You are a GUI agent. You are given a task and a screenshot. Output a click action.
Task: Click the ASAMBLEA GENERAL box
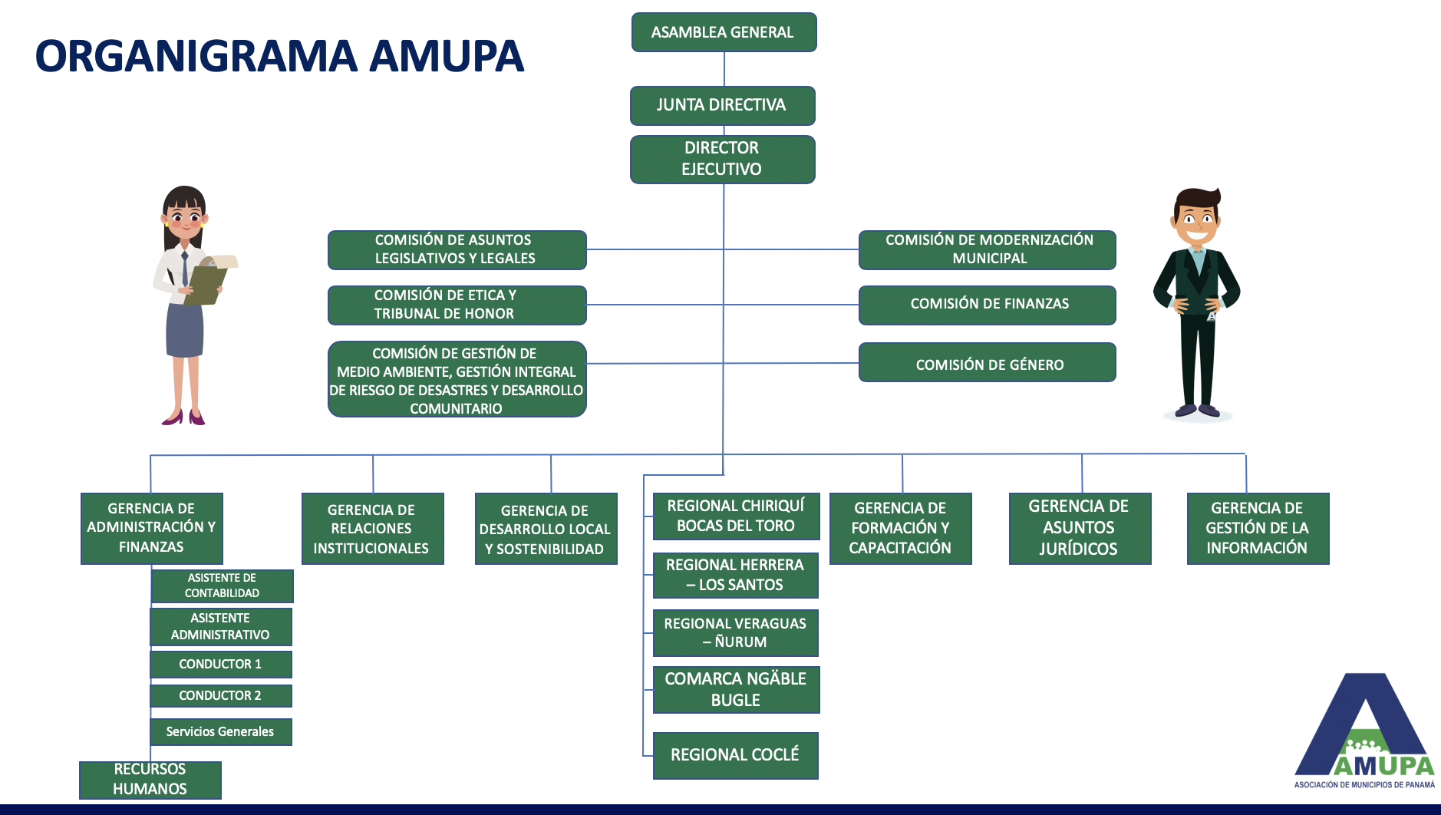coord(724,32)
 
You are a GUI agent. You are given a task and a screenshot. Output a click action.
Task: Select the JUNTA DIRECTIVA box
coord(722,105)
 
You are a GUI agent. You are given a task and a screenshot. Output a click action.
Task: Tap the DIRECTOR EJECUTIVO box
coord(722,159)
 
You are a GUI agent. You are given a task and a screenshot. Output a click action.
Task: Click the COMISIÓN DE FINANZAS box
coord(987,305)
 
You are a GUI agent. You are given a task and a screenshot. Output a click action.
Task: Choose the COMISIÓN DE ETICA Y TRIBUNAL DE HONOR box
coord(457,305)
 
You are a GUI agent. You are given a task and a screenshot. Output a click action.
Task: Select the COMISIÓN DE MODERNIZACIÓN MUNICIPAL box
coord(987,249)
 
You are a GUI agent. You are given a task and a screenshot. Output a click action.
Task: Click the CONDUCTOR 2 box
coord(220,695)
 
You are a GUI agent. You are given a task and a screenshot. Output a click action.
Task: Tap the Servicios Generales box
coord(220,731)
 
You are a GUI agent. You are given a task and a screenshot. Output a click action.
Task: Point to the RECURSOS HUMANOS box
coord(150,780)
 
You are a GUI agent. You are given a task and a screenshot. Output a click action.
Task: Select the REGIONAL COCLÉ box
coord(735,755)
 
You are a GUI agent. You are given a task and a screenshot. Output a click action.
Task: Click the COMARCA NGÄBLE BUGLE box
coord(735,689)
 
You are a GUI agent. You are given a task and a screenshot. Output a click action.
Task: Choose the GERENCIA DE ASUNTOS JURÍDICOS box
coord(1079,528)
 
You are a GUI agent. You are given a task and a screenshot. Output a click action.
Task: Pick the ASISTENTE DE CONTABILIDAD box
coord(222,586)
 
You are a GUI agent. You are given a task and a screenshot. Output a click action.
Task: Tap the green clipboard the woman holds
coord(205,282)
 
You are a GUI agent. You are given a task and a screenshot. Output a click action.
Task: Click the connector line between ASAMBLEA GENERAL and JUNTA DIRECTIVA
coord(724,69)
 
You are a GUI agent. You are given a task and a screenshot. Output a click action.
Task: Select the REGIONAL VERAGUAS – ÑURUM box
coord(735,632)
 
